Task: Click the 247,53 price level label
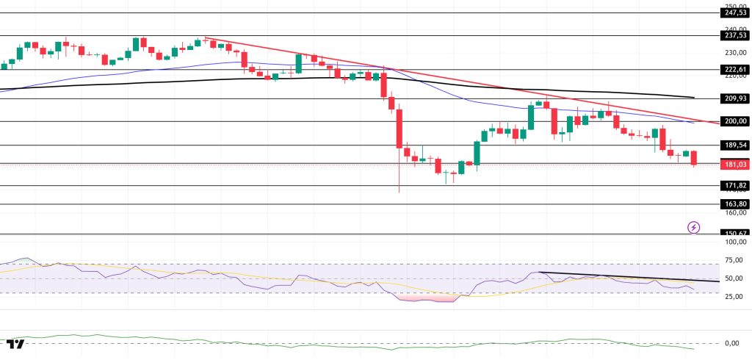[x=735, y=12]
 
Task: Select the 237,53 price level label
[x=735, y=35]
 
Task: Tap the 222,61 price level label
[x=735, y=69]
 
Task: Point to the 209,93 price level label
[x=735, y=98]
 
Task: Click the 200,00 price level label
[x=735, y=121]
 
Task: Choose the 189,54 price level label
[x=735, y=145]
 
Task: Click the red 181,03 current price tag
[x=735, y=165]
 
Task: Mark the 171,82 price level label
[x=735, y=186]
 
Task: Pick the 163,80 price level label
[x=735, y=204]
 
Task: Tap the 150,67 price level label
[x=735, y=234]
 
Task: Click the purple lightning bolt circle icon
[x=693, y=227]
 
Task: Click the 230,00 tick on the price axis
[x=734, y=53]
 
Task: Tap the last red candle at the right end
[x=694, y=158]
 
